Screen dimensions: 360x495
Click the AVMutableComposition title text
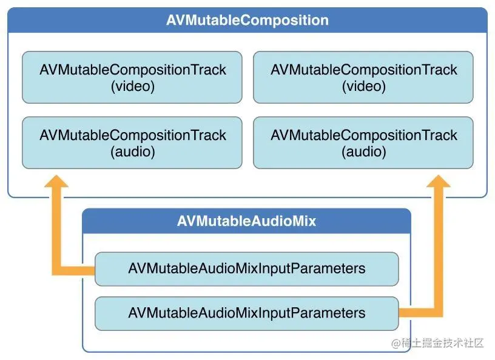(247, 20)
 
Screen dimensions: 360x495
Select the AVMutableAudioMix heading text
(246, 221)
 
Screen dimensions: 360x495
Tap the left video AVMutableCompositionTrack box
(132, 78)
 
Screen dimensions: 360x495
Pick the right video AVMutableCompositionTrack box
(363, 78)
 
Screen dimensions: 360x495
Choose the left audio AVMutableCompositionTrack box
(132, 143)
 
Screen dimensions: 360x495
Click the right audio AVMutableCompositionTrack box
(363, 143)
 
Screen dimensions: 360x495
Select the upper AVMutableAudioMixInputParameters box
(246, 268)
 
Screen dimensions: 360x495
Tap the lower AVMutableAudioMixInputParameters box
(246, 313)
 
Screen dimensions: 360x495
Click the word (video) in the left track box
(132, 86)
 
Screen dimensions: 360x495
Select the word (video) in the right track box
(363, 86)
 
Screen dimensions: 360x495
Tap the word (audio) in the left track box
(132, 152)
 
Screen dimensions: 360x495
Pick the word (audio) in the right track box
(363, 152)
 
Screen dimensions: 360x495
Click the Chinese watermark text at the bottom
(442, 344)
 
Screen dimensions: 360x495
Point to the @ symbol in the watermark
(396, 344)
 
